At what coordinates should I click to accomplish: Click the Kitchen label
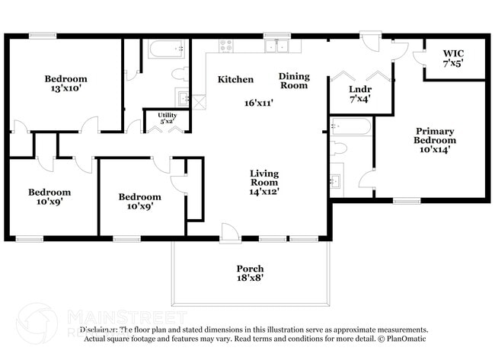(235, 80)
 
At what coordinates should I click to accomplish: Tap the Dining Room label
(293, 81)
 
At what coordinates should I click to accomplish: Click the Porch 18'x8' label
(250, 273)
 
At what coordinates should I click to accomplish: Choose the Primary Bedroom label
(435, 140)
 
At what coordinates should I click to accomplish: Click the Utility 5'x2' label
(167, 118)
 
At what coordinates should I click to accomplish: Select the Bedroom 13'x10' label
(65, 84)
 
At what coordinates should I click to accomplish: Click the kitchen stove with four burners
(225, 46)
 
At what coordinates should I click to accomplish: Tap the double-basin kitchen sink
(276, 46)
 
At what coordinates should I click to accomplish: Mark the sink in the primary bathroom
(336, 181)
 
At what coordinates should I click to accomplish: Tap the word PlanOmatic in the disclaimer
(407, 338)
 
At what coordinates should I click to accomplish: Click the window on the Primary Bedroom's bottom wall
(407, 201)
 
